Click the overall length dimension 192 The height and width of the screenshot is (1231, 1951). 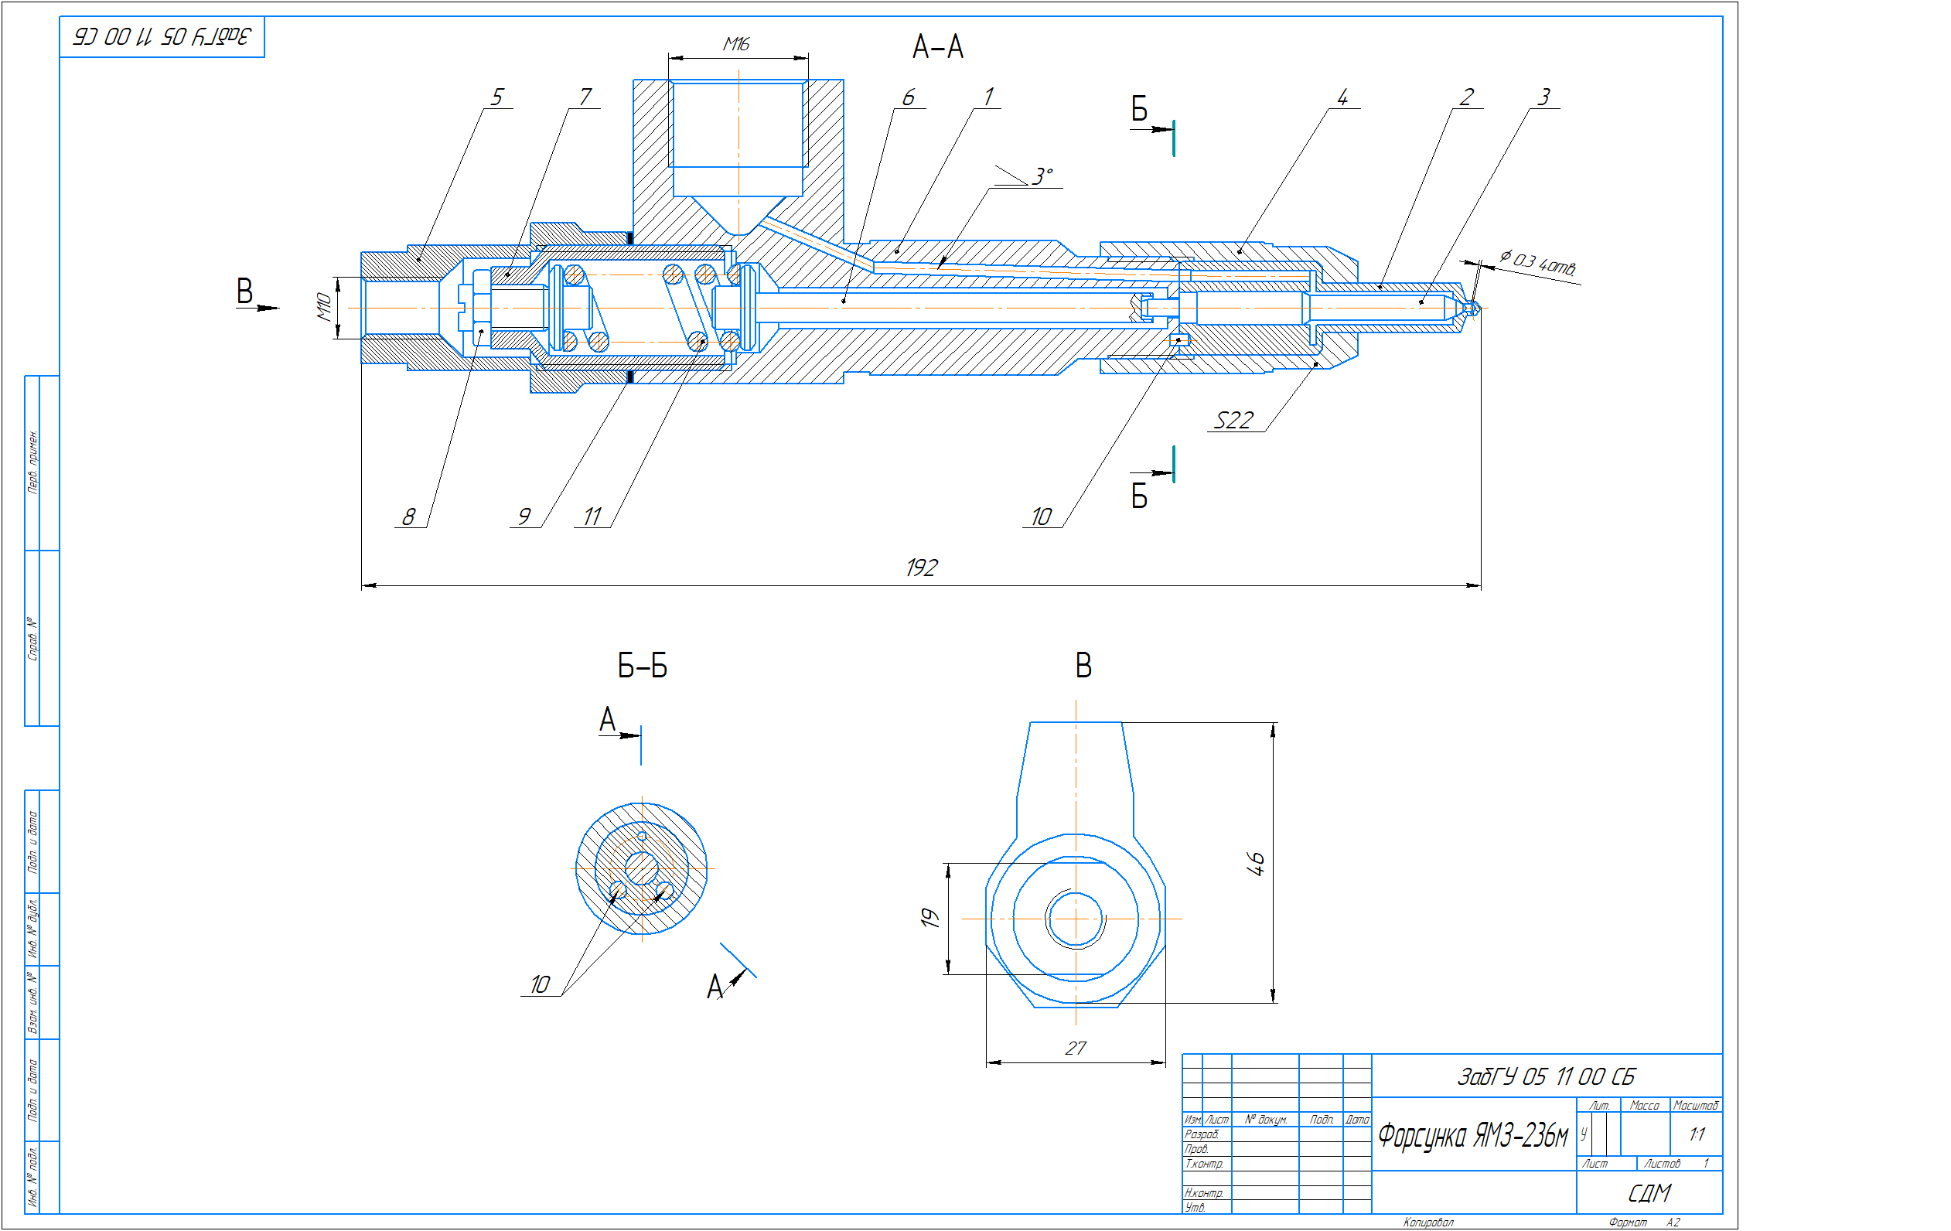click(x=921, y=568)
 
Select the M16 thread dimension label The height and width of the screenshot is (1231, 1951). click(x=735, y=44)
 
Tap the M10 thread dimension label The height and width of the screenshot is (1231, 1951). click(x=323, y=307)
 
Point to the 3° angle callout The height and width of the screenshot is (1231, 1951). click(x=1042, y=176)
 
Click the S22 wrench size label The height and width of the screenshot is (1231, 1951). click(x=1233, y=420)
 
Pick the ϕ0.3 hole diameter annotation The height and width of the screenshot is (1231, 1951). click(x=1537, y=263)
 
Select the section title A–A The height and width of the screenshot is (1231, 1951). click(x=937, y=47)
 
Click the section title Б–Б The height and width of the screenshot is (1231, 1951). click(x=642, y=667)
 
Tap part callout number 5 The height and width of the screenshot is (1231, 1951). click(x=496, y=97)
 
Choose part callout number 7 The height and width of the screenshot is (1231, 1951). click(x=585, y=97)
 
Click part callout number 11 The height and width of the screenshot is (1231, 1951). click(x=592, y=517)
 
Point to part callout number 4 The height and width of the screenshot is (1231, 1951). click(x=1342, y=97)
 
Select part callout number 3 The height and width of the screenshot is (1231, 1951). click(x=1543, y=97)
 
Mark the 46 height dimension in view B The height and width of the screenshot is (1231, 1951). click(x=1254, y=863)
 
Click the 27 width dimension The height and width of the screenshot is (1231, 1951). click(x=1074, y=1048)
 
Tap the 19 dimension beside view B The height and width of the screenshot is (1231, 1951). click(x=929, y=918)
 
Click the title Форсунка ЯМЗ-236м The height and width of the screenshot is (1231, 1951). click(x=1472, y=1135)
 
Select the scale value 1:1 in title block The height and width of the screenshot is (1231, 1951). click(x=1697, y=1134)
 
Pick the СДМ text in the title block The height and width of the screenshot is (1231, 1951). click(x=1649, y=1193)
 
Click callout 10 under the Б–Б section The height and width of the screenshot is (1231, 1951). click(x=540, y=984)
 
